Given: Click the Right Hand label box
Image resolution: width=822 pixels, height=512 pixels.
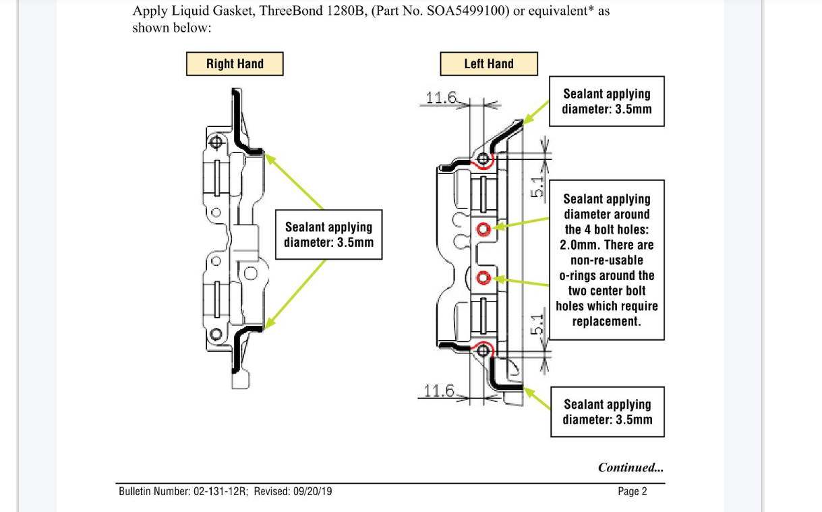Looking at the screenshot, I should (x=235, y=64).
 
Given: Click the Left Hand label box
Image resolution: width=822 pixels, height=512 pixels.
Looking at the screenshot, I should (x=489, y=64).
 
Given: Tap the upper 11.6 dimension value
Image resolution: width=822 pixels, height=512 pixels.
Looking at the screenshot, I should (x=442, y=98).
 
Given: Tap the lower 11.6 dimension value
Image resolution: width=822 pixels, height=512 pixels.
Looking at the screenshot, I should (x=440, y=391).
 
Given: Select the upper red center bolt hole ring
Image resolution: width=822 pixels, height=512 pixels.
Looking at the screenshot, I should (x=483, y=229).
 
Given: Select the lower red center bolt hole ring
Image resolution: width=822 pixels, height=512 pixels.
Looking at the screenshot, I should (x=483, y=277).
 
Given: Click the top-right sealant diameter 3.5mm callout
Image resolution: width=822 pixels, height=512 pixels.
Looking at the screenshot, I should (x=607, y=101).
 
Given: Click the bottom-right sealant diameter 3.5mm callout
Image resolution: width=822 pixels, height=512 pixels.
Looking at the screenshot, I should (x=608, y=411).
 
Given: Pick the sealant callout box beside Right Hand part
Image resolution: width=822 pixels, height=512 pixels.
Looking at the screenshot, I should (x=328, y=235).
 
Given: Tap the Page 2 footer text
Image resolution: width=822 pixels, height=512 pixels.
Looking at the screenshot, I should (x=632, y=491).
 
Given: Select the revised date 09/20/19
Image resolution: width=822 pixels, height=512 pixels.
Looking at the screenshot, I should (x=312, y=491).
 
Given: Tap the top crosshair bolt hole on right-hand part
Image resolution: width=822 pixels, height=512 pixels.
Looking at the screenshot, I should (x=216, y=142).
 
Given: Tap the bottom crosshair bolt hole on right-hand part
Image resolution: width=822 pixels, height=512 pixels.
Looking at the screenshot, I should (x=216, y=335).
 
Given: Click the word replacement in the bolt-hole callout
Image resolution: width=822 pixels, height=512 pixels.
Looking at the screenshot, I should (x=606, y=321).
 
